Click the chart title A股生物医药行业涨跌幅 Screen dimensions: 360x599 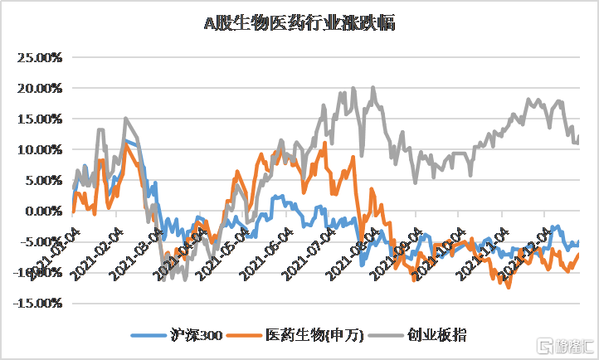299,23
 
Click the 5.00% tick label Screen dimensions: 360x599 41,181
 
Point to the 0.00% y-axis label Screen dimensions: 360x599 41,212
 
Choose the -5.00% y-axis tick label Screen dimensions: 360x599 39,242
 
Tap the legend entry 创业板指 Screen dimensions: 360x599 436,335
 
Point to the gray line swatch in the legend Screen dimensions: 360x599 387,335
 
